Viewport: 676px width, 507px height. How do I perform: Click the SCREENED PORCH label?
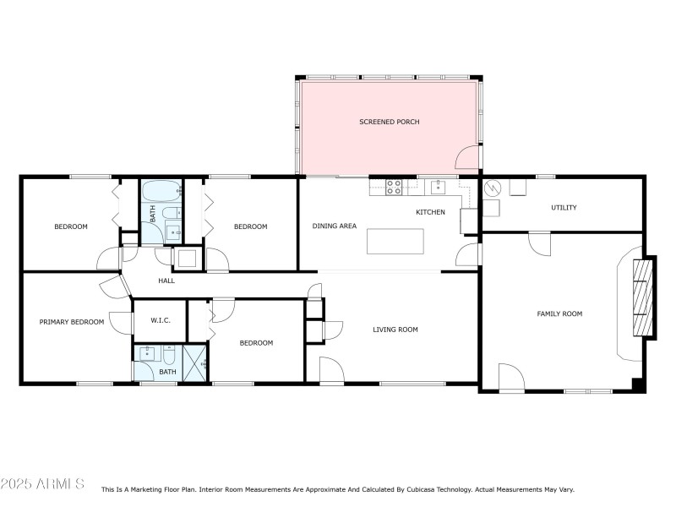(389, 122)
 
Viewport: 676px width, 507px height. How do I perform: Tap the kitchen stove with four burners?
(394, 188)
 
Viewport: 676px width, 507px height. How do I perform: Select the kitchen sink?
(438, 187)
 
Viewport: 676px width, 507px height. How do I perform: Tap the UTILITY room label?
(564, 207)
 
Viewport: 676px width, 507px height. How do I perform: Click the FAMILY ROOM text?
(559, 313)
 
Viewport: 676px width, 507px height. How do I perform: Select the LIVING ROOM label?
(395, 330)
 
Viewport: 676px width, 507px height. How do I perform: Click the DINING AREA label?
(335, 226)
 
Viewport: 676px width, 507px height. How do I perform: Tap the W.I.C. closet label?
(161, 320)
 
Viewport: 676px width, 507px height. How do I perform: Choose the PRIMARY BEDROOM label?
(72, 321)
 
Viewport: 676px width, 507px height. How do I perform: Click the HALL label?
(166, 281)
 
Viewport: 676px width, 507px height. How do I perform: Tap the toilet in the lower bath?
(169, 355)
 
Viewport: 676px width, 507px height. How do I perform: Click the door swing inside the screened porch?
(466, 157)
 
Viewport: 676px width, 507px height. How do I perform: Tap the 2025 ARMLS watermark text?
(42, 484)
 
